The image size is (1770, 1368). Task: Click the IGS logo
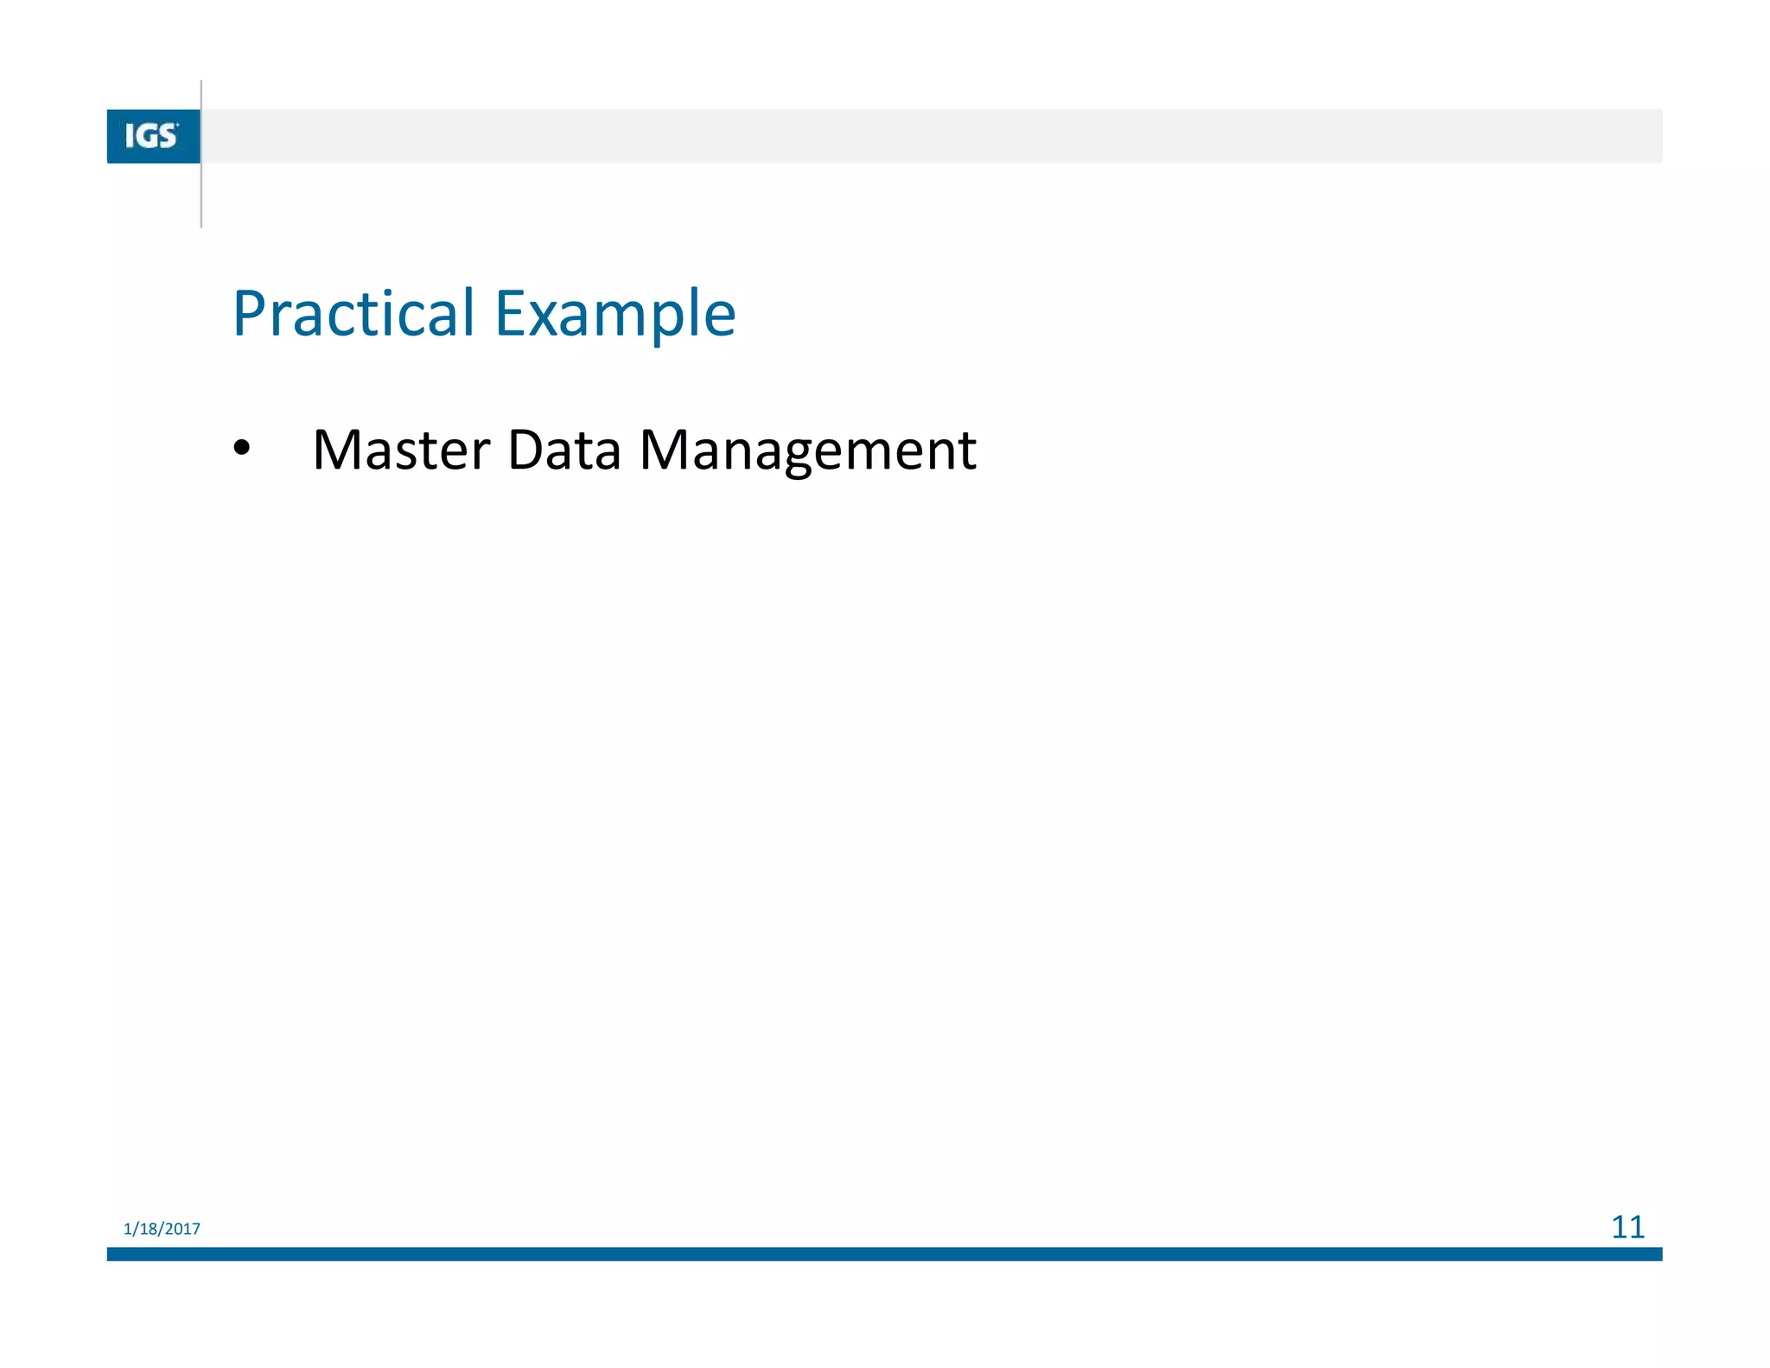(x=153, y=136)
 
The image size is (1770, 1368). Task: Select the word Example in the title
(x=614, y=315)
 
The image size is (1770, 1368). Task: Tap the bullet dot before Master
(x=241, y=449)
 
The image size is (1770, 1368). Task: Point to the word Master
(x=401, y=451)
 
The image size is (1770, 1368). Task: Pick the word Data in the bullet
(x=563, y=451)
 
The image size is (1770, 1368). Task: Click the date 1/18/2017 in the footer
(x=162, y=1229)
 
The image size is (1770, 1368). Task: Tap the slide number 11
(x=1627, y=1227)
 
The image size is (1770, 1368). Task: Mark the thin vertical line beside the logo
(x=201, y=199)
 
